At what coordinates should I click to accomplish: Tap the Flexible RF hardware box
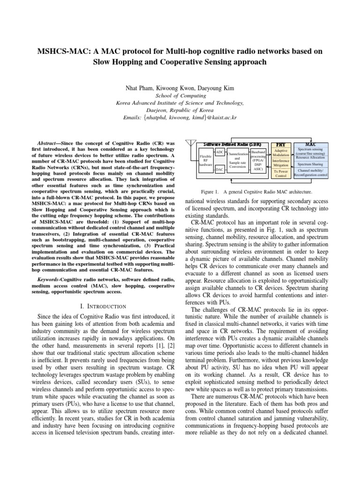(206, 160)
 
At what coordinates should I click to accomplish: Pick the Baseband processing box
(258, 159)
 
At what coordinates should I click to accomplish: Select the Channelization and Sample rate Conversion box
(238, 160)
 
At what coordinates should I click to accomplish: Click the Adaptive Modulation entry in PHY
(281, 153)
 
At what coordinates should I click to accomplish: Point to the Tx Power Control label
(281, 173)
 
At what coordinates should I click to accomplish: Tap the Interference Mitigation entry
(281, 163)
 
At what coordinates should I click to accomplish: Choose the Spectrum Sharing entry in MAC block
(310, 165)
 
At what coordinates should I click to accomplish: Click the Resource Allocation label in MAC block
(310, 157)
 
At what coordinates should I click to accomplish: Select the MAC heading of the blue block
(310, 143)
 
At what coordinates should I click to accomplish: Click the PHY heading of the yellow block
(281, 143)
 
